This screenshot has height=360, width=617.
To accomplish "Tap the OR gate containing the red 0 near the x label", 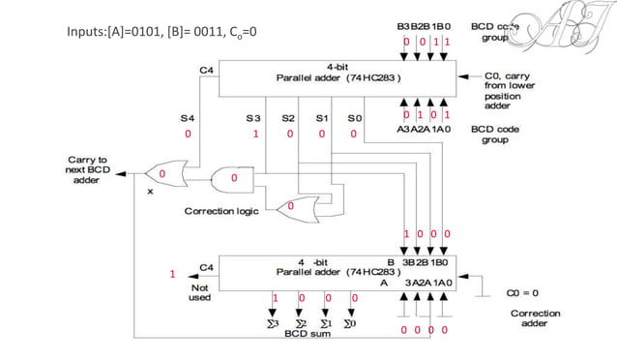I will [x=163, y=175].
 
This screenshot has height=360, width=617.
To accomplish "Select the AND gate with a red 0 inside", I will [x=233, y=178].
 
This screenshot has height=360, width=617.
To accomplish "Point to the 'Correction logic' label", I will [x=222, y=210].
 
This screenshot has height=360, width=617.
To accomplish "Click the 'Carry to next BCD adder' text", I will [x=87, y=169].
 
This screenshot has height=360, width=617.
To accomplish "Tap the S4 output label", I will [x=188, y=118].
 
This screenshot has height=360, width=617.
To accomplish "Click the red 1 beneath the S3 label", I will [x=255, y=135].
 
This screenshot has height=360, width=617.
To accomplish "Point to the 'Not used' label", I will [x=199, y=291].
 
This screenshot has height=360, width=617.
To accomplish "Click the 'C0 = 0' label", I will [x=523, y=291].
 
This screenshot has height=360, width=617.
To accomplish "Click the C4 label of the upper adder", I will [x=206, y=71].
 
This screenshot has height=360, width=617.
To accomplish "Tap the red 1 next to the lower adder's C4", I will [x=173, y=274].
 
